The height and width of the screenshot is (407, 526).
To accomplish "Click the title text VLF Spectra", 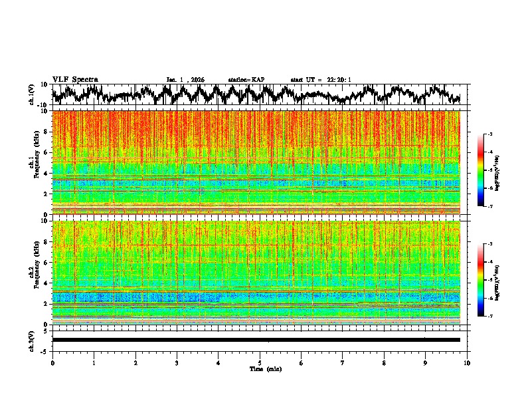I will click(75, 79).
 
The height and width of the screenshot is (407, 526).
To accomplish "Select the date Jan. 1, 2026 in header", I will click(185, 80).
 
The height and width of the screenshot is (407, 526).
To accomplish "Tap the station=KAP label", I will click(246, 80).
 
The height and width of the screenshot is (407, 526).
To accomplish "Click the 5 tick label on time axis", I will click(260, 362).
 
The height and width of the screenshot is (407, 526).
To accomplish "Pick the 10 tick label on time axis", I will click(468, 362).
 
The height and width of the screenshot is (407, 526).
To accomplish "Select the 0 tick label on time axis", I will click(52, 362).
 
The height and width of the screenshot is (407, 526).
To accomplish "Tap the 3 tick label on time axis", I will click(177, 362).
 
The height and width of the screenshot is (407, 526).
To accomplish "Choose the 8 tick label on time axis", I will click(384, 362).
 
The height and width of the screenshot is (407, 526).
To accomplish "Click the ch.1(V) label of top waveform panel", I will click(31, 94).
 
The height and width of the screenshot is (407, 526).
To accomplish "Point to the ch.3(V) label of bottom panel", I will click(31, 339).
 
